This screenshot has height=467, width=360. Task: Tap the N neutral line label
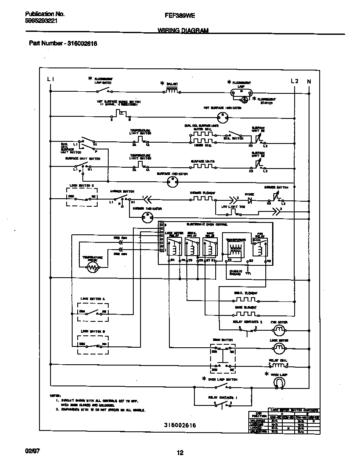tap(309, 81)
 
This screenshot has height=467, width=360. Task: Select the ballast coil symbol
tap(171, 90)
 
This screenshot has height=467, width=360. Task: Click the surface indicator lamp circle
tap(172, 182)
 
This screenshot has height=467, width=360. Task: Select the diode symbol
tap(250, 198)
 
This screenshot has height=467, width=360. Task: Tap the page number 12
tap(180, 453)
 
